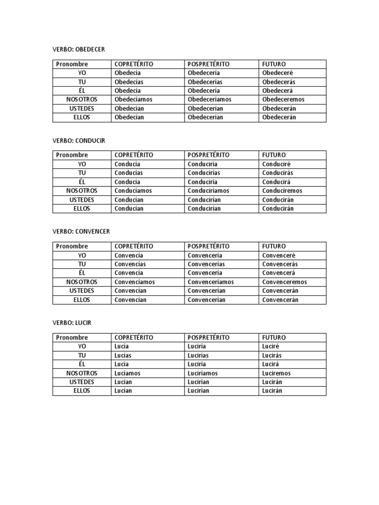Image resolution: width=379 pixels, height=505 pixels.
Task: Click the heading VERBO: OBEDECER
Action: click(x=79, y=49)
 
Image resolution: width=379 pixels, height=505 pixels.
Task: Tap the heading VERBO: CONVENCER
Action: click(x=81, y=231)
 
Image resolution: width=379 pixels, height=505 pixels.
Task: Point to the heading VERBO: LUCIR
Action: click(x=72, y=323)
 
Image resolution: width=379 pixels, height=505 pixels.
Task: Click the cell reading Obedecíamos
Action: click(x=133, y=100)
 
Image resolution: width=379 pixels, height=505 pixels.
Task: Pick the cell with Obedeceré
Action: click(x=278, y=73)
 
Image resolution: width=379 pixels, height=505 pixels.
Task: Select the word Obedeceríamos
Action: click(x=210, y=100)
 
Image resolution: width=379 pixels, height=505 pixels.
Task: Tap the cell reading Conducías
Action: click(x=129, y=173)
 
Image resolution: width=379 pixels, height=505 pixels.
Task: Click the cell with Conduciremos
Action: click(x=282, y=191)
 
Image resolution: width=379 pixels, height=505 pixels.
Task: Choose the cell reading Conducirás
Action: click(x=278, y=173)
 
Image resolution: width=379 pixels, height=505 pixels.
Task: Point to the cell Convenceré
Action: click(x=279, y=255)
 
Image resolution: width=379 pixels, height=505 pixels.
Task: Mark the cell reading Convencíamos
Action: click(x=135, y=282)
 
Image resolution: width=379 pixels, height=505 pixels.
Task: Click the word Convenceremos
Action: click(x=285, y=282)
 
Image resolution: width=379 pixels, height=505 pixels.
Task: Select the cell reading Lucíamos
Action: click(x=127, y=373)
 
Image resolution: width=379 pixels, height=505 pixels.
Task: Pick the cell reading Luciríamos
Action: click(x=203, y=373)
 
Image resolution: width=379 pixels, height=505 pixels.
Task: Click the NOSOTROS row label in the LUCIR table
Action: click(x=82, y=373)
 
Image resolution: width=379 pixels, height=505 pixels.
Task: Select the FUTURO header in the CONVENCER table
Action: click(x=274, y=246)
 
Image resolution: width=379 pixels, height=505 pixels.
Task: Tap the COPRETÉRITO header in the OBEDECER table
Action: click(x=134, y=64)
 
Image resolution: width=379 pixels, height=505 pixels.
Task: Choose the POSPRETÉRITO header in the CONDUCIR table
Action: click(x=209, y=155)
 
